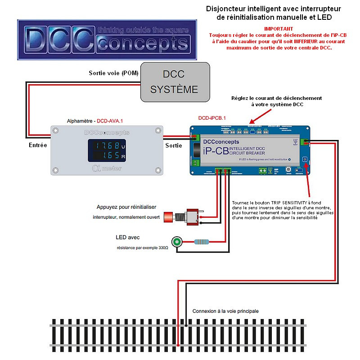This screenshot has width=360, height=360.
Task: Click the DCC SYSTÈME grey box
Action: (x=175, y=81)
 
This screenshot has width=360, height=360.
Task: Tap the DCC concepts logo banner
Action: (x=107, y=40)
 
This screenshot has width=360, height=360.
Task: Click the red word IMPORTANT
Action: (x=273, y=28)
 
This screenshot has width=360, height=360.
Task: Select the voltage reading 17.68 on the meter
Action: (x=105, y=146)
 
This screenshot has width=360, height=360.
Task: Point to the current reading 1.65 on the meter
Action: (x=105, y=156)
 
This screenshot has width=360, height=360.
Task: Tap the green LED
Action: (x=177, y=242)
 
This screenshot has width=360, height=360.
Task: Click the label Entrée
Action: (x=38, y=145)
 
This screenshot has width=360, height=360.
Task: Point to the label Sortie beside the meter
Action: (x=174, y=145)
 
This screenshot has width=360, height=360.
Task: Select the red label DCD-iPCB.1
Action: (x=212, y=118)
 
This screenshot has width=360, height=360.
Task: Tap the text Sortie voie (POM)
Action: (x=114, y=73)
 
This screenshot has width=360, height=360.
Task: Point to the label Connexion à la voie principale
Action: (x=225, y=311)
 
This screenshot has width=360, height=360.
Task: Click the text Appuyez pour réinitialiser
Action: (x=126, y=207)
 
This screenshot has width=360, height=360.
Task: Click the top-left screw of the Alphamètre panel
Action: (x=55, y=131)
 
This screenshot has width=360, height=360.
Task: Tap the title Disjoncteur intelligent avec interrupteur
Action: (x=273, y=9)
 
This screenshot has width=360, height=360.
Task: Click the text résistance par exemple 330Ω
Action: (x=142, y=248)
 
